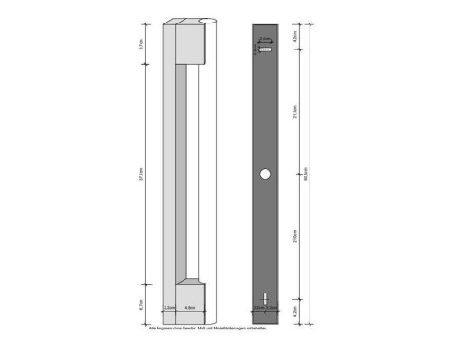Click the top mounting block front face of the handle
click(193, 42)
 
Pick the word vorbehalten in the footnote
click(256, 328)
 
